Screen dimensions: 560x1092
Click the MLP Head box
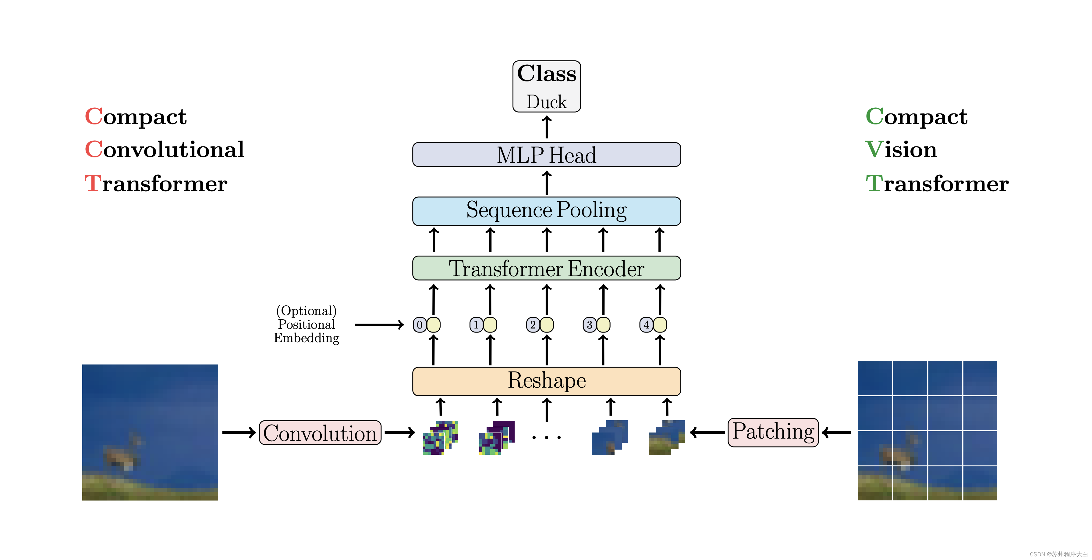[x=546, y=155]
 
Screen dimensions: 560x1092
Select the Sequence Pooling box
[x=546, y=211]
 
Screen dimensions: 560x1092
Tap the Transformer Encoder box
[x=546, y=268]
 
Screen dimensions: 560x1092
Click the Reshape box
[x=546, y=381]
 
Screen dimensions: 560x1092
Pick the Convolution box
[x=320, y=433]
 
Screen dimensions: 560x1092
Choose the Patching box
[x=773, y=432]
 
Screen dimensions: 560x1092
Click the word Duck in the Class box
[x=546, y=102]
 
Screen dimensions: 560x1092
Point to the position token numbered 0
[x=419, y=325]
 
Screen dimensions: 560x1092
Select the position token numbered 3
[x=589, y=325]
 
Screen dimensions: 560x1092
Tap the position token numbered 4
[x=646, y=325]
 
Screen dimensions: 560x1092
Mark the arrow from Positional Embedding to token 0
[x=379, y=325]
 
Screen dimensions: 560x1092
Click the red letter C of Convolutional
[x=94, y=149]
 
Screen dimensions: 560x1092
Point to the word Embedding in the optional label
[x=306, y=338]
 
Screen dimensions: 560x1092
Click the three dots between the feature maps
[x=546, y=437]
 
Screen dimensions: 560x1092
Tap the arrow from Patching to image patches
[x=707, y=433]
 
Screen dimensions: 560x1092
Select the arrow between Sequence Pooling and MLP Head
[x=546, y=182]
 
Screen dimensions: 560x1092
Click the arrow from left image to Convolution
[x=239, y=433]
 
